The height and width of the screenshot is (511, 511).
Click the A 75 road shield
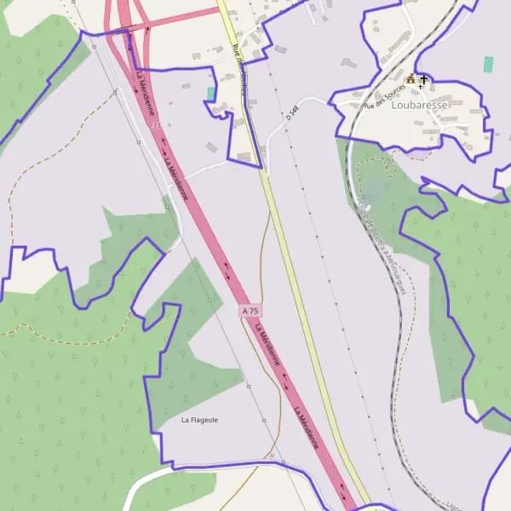tap(250, 312)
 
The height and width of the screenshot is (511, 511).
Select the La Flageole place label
tap(200, 420)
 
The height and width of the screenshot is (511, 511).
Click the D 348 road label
tap(295, 112)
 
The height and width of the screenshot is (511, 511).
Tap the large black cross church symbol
tap(423, 79)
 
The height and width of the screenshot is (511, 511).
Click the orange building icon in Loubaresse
tap(411, 79)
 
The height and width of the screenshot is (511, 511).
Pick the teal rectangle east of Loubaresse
tap(488, 64)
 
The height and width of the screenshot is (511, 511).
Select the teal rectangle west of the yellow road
tap(211, 93)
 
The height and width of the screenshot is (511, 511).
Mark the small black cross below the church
tap(419, 88)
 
